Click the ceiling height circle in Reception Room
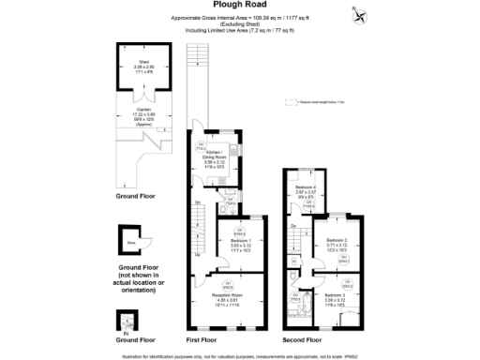tap(227, 284)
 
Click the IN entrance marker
tap(125, 330)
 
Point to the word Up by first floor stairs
tap(197, 254)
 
